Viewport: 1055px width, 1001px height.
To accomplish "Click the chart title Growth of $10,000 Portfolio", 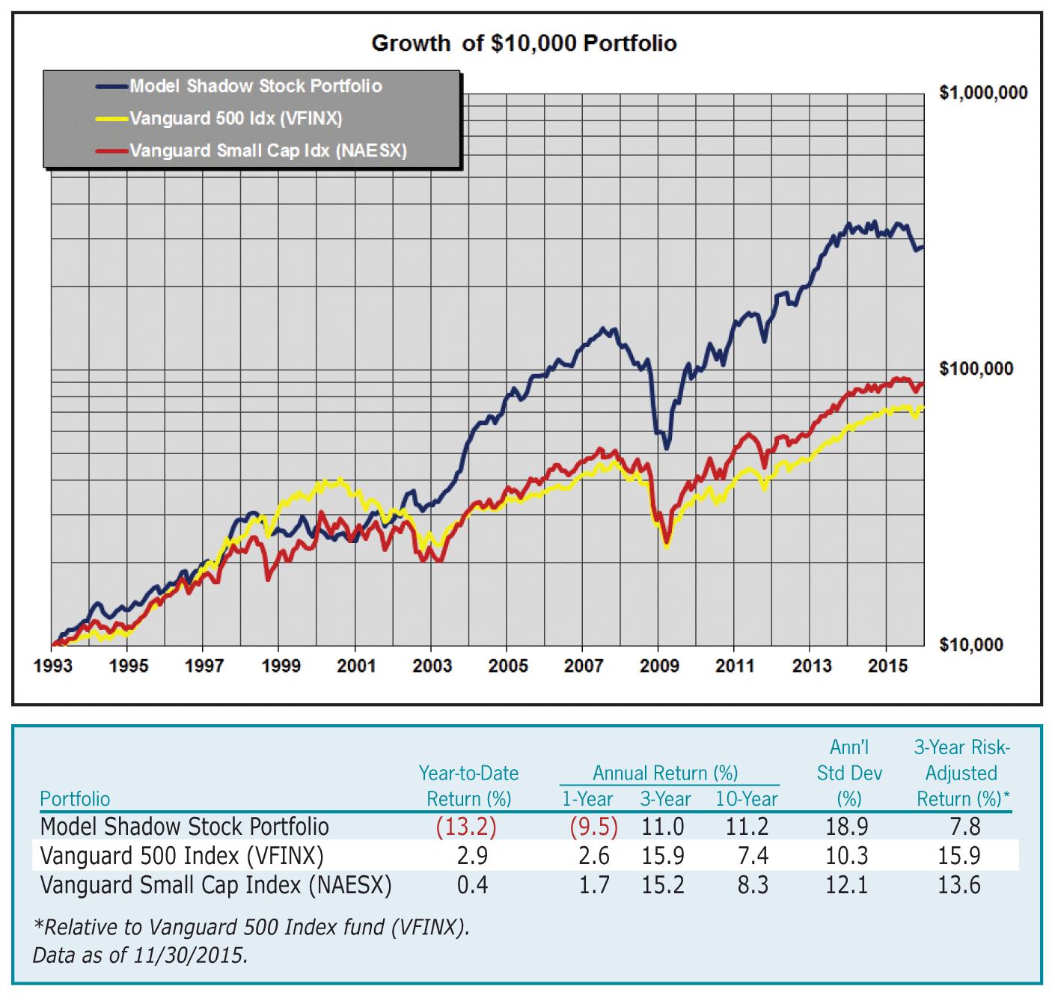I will click(x=524, y=43).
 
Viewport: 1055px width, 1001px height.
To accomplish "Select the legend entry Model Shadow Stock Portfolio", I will click(x=256, y=87).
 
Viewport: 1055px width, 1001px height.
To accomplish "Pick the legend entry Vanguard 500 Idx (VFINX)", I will click(x=236, y=119).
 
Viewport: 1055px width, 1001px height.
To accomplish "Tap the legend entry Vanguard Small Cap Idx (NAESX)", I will click(x=268, y=151).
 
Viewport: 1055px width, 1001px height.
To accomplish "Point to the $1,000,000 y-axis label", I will click(x=983, y=94).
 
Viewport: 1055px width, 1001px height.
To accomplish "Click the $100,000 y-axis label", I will click(x=976, y=369).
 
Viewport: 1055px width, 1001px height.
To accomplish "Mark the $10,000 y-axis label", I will click(x=971, y=645).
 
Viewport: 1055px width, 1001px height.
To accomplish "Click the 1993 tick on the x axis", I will click(x=53, y=667).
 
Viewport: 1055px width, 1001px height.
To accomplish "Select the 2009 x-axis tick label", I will click(x=658, y=667).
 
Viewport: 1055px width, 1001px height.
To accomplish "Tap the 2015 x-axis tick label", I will click(x=887, y=667).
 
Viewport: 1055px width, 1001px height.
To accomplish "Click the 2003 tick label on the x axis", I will click(x=432, y=667).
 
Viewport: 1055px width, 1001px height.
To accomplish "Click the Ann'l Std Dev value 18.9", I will click(x=848, y=827).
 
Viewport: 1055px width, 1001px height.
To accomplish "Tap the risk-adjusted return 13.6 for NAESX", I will click(x=959, y=886).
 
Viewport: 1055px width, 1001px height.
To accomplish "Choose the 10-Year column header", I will click(x=746, y=800).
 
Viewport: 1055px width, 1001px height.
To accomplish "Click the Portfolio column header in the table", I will click(x=75, y=800).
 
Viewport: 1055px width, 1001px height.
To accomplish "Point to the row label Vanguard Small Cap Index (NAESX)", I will click(x=215, y=886).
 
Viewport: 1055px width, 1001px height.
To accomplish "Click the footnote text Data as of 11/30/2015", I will click(x=140, y=955).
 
